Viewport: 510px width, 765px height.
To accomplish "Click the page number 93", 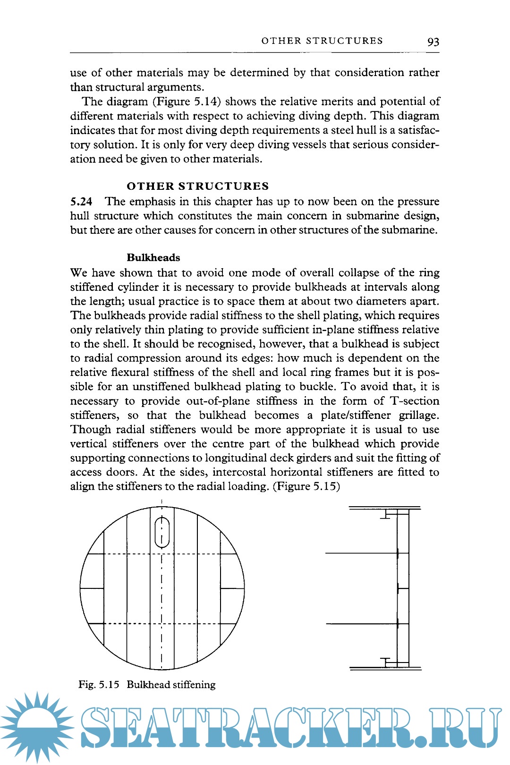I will (x=433, y=42).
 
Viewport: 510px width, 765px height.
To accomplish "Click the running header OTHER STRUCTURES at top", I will (x=322, y=41).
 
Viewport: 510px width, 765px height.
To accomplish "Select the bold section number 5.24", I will (x=81, y=202).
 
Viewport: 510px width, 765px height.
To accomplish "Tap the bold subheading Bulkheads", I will (x=153, y=258).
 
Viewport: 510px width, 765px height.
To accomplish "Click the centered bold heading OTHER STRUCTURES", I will (x=197, y=186).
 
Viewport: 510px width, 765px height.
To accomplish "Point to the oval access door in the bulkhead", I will (x=162, y=532).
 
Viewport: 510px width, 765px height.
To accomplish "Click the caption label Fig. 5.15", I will (x=99, y=685).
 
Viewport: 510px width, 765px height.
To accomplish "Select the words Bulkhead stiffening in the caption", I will (x=171, y=685).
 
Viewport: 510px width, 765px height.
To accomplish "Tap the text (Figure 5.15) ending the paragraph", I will (x=306, y=486).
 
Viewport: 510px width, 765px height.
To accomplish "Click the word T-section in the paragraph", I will (x=415, y=401).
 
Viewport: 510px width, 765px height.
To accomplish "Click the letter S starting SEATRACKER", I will (x=98, y=727).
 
